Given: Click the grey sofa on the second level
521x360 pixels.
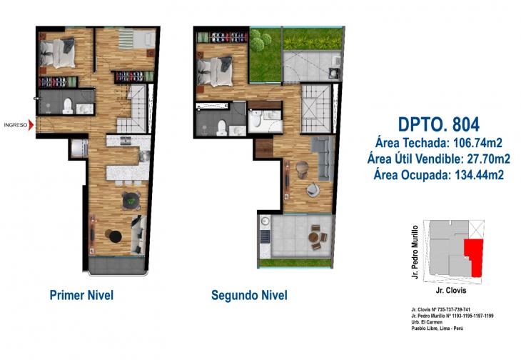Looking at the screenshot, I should [324, 156].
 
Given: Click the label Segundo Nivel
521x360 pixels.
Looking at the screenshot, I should [249, 295].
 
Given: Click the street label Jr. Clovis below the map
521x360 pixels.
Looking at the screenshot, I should [450, 292].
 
